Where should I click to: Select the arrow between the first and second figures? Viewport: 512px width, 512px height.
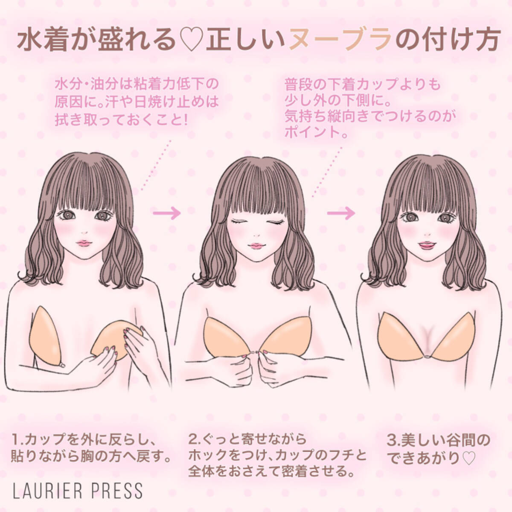(167, 212)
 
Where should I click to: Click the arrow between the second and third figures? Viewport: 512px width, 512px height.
(341, 212)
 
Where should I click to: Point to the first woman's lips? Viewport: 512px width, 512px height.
(84, 243)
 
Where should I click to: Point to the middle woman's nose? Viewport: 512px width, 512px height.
(256, 235)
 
